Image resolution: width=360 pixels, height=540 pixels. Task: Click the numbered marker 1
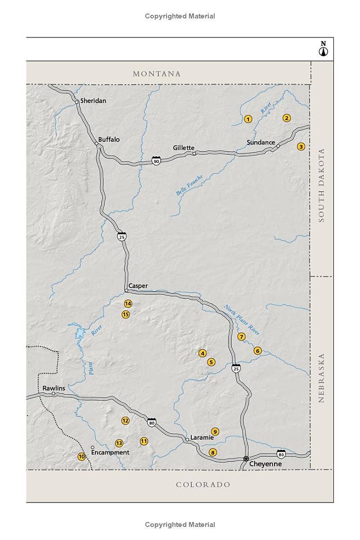coord(247,119)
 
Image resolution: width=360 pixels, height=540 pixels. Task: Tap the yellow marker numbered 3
coord(301,146)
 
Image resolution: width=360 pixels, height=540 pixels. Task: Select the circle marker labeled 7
coord(241,337)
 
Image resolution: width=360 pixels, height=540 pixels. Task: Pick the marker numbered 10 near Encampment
coord(81,456)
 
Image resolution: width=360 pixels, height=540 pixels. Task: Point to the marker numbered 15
coord(126,315)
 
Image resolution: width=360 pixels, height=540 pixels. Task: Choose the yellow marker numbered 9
coord(215,432)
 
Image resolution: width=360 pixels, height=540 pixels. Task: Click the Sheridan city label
coord(93,101)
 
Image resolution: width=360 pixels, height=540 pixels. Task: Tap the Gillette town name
coord(184,148)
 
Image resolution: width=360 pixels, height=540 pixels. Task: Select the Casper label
coord(138,286)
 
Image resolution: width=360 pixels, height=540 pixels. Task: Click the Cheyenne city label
coord(265,464)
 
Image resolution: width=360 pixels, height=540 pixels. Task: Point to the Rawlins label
coord(54,388)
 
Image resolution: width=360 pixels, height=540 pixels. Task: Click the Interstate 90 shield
coord(156,161)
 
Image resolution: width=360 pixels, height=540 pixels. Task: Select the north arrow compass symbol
coord(323,49)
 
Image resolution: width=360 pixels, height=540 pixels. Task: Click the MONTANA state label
coord(157,74)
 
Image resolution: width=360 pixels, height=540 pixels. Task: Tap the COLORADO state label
coord(203,485)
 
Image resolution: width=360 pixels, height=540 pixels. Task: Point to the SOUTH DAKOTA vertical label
coord(321,185)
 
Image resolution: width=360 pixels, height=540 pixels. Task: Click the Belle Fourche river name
coord(189,184)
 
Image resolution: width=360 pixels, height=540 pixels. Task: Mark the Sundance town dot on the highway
coord(278,146)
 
